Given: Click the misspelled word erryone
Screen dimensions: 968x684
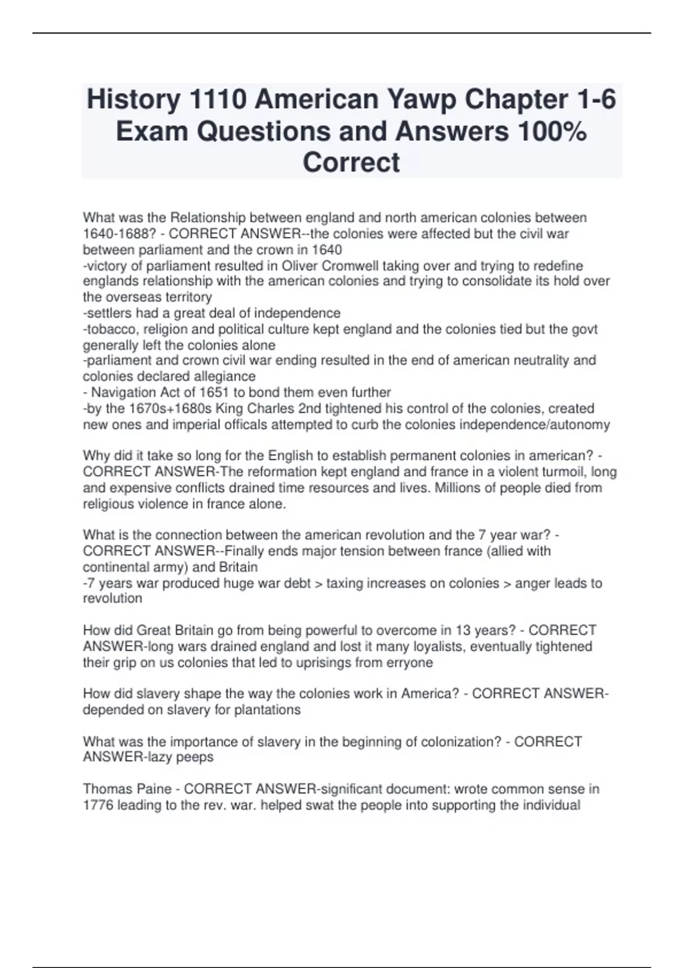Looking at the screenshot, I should [409, 662].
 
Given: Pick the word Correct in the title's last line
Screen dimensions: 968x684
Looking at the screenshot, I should [351, 162].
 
